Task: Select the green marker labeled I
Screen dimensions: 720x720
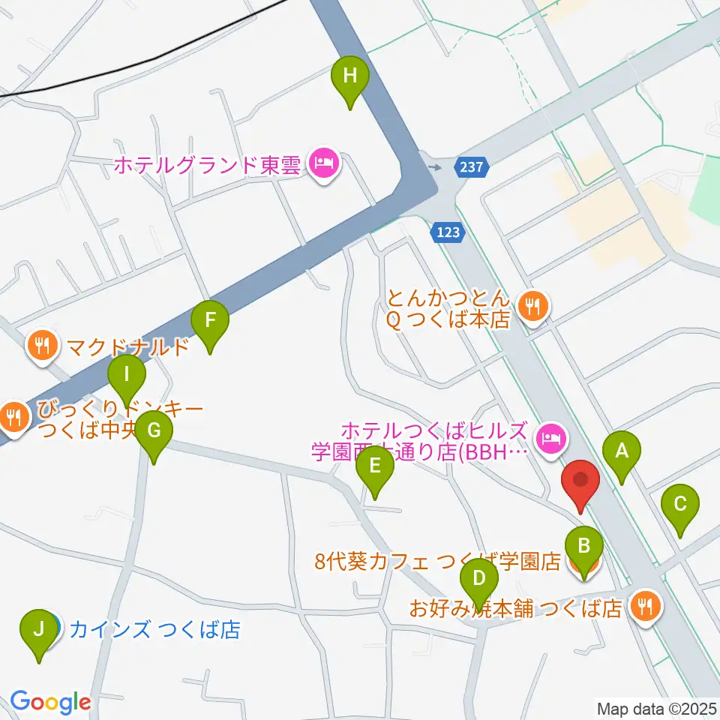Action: (x=127, y=374)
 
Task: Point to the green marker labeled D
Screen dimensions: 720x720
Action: (x=479, y=579)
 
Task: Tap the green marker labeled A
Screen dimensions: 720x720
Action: (x=621, y=452)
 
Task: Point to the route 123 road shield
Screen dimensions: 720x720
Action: (x=447, y=232)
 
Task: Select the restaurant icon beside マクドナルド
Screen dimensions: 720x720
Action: (x=41, y=345)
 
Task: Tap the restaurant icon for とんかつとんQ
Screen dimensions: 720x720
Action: (x=534, y=306)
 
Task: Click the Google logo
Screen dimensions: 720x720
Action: (x=50, y=702)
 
